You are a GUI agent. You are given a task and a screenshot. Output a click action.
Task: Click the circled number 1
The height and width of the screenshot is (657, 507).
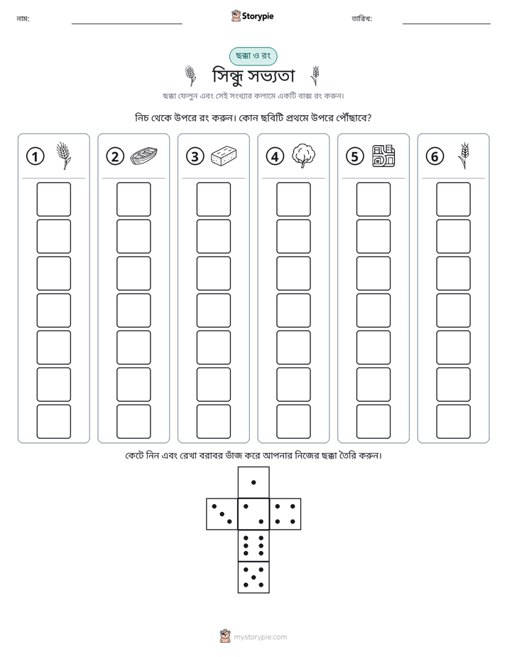(35, 156)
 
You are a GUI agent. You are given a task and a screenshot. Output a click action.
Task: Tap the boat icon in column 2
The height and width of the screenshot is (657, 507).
(143, 156)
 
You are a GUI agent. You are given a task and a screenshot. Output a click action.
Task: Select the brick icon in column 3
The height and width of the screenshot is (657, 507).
(224, 156)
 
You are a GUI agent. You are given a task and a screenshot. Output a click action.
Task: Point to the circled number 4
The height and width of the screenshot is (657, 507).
(275, 156)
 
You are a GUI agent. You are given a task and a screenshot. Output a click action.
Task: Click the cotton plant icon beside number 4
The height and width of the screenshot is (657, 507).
(304, 156)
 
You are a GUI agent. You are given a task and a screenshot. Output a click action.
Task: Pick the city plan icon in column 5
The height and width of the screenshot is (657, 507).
(383, 156)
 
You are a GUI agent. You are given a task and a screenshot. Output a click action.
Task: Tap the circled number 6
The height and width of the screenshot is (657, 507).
(435, 156)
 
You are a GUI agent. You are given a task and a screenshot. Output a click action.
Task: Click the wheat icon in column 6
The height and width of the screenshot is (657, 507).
(464, 156)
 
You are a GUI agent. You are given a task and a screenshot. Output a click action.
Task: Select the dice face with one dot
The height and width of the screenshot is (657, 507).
(253, 482)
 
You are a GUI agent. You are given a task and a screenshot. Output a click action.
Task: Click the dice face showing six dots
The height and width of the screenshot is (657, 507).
(253, 545)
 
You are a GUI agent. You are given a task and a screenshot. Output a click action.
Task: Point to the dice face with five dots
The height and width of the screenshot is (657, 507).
(253, 577)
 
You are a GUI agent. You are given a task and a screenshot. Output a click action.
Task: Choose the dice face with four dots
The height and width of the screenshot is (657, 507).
(285, 513)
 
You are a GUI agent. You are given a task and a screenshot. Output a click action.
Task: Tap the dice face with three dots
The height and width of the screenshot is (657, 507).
(222, 513)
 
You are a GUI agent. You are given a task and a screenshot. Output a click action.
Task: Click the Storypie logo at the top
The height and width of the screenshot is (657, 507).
(252, 16)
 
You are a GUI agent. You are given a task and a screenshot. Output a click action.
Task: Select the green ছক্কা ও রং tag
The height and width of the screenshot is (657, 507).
(253, 56)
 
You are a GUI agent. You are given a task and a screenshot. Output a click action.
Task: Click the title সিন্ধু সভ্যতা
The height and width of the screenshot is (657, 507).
(253, 76)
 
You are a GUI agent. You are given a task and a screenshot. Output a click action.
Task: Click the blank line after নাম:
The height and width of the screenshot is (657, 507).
(126, 23)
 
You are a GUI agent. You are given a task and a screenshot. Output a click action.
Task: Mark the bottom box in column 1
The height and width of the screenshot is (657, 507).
(53, 422)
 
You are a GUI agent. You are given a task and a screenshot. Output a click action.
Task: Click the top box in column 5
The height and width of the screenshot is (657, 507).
(373, 199)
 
